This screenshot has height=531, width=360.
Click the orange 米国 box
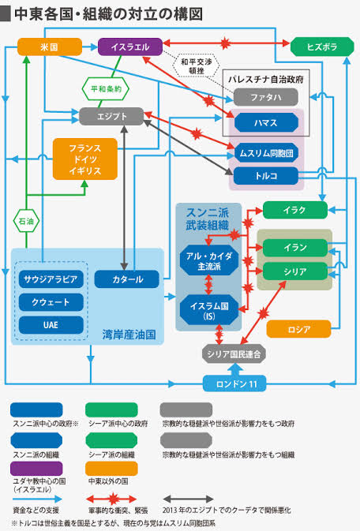[50, 47]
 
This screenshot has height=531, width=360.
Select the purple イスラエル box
[130, 47]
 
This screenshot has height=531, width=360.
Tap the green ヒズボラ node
[322, 47]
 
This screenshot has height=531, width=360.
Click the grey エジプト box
[111, 117]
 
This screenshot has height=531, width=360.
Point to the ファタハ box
[266, 98]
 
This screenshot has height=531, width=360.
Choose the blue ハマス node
[266, 122]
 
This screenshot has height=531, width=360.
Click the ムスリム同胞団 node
[266, 153]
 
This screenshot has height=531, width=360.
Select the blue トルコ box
[266, 176]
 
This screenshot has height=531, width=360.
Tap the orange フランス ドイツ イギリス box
[85, 159]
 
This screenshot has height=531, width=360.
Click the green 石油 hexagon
[26, 221]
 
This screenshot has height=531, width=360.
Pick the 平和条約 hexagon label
[106, 89]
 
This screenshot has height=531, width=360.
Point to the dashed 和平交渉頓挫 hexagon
[197, 66]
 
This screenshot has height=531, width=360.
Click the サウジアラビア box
[51, 279]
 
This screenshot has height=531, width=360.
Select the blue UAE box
[51, 325]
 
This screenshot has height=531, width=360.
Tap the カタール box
[127, 279]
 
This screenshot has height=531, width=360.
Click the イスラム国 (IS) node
[209, 311]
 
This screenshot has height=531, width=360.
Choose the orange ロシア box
[298, 329]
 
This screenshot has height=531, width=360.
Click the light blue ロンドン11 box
[234, 383]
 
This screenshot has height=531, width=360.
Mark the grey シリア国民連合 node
[234, 354]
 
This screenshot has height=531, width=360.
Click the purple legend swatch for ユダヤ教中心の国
[36, 469]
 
